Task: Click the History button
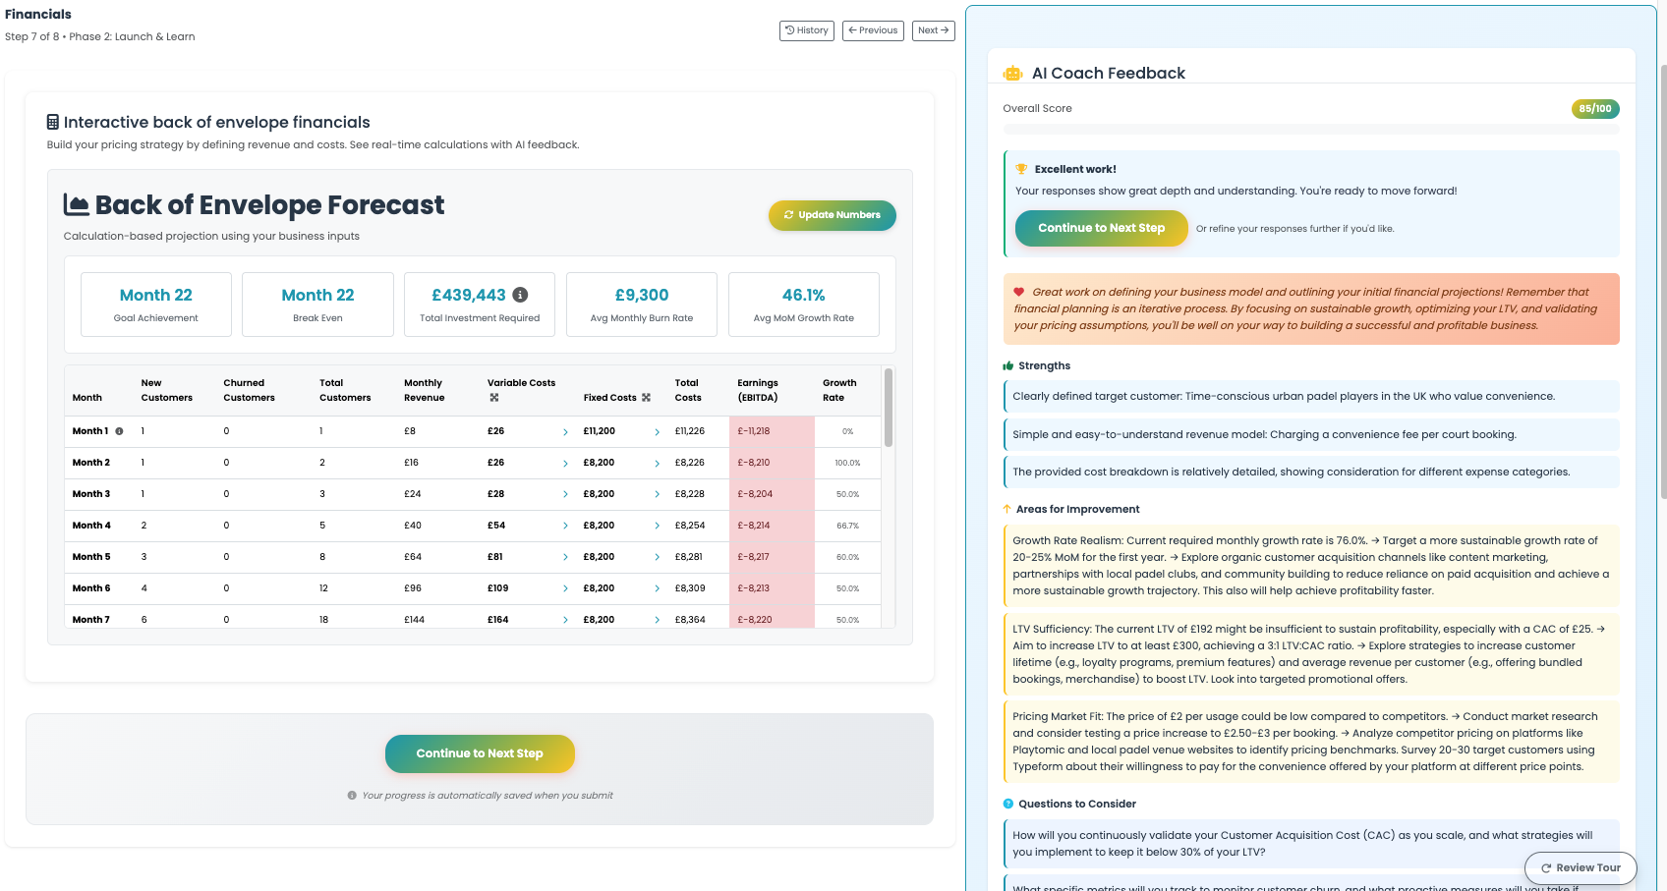click(807, 30)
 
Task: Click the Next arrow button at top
click(933, 30)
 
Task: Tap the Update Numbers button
click(832, 215)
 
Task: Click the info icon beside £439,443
click(521, 295)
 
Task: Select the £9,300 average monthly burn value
click(641, 295)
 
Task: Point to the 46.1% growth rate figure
click(803, 295)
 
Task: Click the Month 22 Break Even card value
click(317, 295)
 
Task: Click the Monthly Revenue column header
click(424, 390)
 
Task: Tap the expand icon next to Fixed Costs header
click(646, 398)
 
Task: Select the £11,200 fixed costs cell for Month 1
click(599, 431)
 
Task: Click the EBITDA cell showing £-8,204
click(755, 494)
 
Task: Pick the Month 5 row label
click(91, 557)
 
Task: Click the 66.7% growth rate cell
click(847, 526)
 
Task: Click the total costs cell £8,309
click(690, 588)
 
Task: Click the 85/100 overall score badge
click(1594, 109)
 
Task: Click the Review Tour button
click(1580, 867)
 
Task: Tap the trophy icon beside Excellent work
click(1021, 169)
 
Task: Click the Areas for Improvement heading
click(1077, 509)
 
